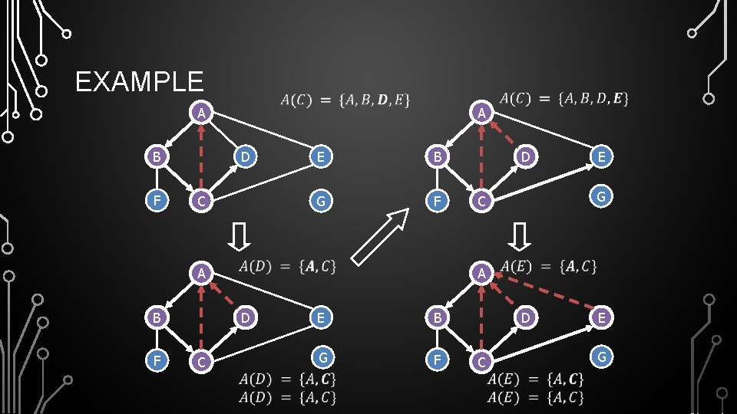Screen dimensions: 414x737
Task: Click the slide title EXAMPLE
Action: pyautogui.click(x=140, y=81)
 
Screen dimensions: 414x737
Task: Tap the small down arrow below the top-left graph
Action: pyautogui.click(x=240, y=237)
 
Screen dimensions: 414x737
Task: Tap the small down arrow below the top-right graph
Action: pyautogui.click(x=521, y=237)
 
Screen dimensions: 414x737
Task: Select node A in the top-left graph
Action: pyautogui.click(x=200, y=113)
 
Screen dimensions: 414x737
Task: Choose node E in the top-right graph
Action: pyautogui.click(x=602, y=157)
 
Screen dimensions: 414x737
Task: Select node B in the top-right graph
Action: pyautogui.click(x=436, y=157)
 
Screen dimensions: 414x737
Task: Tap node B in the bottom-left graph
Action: pyautogui.click(x=157, y=317)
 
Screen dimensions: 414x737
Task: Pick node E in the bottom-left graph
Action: pyautogui.click(x=322, y=317)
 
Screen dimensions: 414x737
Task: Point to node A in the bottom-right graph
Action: pyautogui.click(x=480, y=273)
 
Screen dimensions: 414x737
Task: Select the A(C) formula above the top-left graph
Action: pyautogui.click(x=345, y=100)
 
